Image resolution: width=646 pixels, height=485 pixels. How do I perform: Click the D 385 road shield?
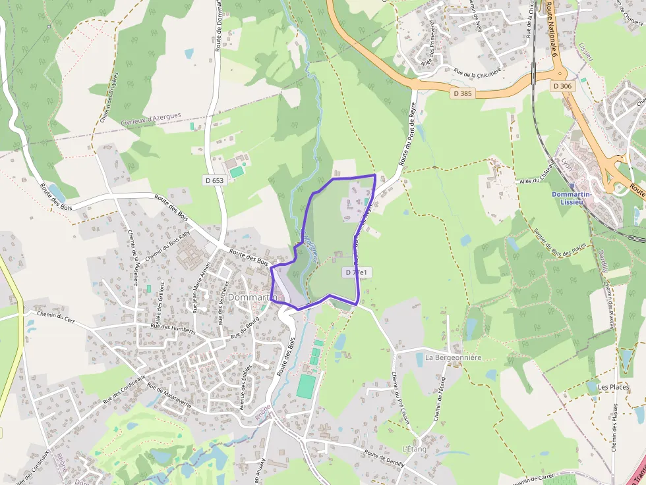[463, 93]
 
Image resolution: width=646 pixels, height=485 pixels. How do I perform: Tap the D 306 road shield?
[562, 86]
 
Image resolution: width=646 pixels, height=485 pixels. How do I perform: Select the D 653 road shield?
[214, 180]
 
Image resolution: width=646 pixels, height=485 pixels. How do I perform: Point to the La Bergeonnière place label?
[454, 357]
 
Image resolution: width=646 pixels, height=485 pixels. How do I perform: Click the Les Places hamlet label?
[613, 387]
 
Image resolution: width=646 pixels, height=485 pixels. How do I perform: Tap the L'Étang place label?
[415, 449]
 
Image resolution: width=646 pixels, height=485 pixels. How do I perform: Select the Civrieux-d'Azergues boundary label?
[151, 119]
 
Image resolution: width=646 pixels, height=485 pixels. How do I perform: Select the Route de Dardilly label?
[385, 459]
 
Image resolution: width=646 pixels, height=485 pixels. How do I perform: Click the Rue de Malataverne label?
[169, 396]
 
